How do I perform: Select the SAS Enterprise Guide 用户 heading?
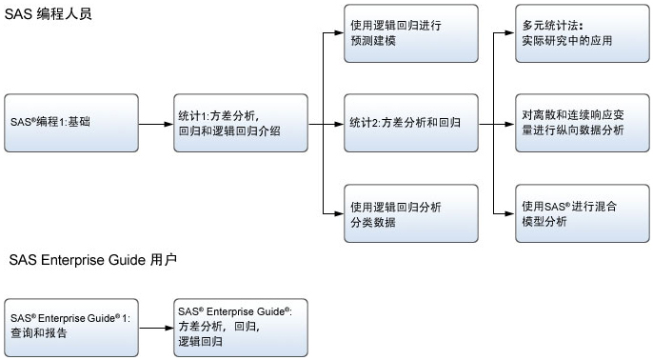(91, 259)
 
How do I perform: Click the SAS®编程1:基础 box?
(71, 123)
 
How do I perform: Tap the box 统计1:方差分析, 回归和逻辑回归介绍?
(240, 123)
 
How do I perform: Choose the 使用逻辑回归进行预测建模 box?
(409, 33)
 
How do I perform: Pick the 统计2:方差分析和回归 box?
(409, 123)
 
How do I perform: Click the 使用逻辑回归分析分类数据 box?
(409, 213)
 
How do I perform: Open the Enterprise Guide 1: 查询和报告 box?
(71, 326)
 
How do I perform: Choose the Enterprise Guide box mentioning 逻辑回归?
(240, 326)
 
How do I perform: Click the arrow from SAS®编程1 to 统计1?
(155, 123)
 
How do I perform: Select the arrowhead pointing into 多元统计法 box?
(507, 33)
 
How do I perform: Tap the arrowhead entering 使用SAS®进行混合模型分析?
(507, 213)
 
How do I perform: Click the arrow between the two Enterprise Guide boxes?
(155, 326)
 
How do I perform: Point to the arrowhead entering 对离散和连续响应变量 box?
(507, 123)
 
